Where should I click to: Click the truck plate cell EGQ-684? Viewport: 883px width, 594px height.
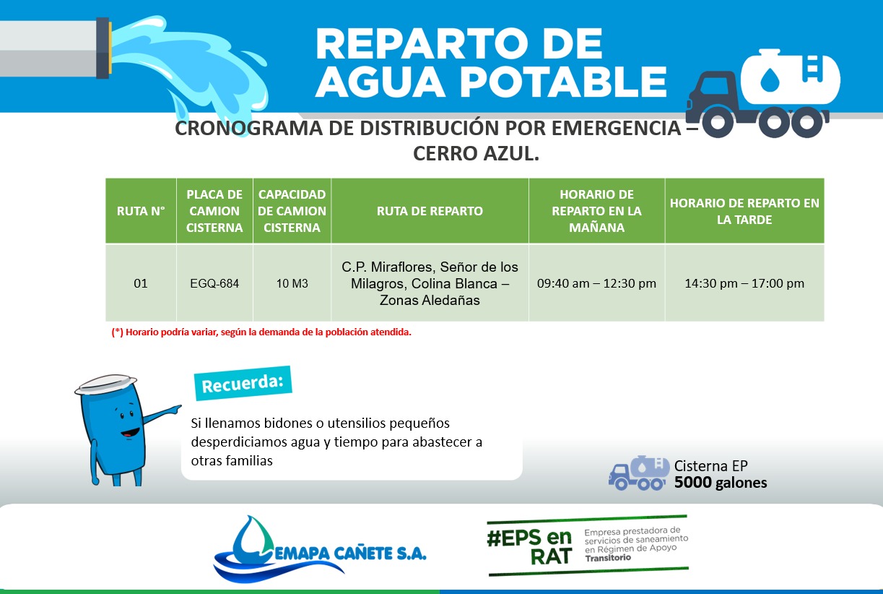click(x=214, y=283)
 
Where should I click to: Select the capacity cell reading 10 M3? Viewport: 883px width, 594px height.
click(x=292, y=283)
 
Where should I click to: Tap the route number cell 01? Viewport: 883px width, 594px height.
click(x=141, y=283)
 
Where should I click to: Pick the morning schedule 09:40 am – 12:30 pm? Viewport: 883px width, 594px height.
click(x=596, y=283)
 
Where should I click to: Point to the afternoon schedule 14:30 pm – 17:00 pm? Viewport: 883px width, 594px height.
click(x=744, y=283)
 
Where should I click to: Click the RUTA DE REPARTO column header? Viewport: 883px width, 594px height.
click(x=430, y=211)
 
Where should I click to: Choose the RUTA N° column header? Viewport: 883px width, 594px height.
click(x=141, y=211)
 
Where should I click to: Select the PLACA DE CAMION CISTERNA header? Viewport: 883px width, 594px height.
click(x=214, y=211)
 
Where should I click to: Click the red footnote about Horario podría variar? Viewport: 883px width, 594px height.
click(x=261, y=332)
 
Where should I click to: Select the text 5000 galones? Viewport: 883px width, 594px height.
click(x=721, y=483)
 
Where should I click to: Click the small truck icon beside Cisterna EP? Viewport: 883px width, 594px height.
click(x=638, y=473)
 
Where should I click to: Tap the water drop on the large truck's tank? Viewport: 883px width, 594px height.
click(x=770, y=79)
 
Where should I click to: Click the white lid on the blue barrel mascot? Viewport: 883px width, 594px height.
click(x=105, y=384)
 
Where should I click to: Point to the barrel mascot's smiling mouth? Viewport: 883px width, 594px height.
click(x=131, y=433)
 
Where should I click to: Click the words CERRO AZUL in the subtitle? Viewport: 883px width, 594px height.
click(x=475, y=153)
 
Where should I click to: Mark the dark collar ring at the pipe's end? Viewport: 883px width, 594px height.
click(x=103, y=48)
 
